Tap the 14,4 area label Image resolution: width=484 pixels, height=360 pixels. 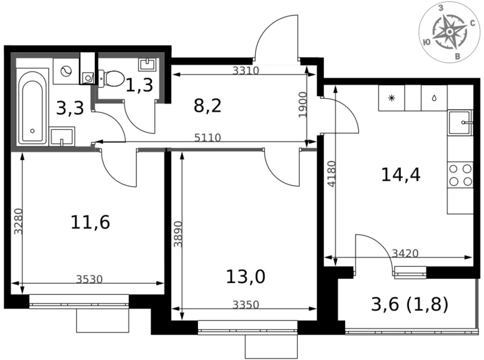pyautogui.click(x=400, y=175)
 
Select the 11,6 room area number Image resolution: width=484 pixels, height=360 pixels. pyautogui.click(x=91, y=222)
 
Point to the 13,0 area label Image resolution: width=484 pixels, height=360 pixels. pyautogui.click(x=245, y=276)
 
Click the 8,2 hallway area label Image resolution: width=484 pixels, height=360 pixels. pyautogui.click(x=207, y=106)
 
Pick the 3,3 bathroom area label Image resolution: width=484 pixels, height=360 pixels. pyautogui.click(x=69, y=109)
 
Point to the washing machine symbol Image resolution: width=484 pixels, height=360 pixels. pyautogui.click(x=65, y=70)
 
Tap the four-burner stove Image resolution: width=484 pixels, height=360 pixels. pyautogui.click(x=460, y=174)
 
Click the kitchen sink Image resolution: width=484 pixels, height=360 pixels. pyautogui.click(x=460, y=122)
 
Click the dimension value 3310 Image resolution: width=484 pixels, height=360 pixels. pyautogui.click(x=245, y=71)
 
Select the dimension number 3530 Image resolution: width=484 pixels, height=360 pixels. pyautogui.click(x=89, y=279)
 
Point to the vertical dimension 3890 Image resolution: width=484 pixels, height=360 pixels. pyautogui.click(x=179, y=235)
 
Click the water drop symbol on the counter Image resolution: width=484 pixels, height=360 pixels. pyautogui.click(x=434, y=98)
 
